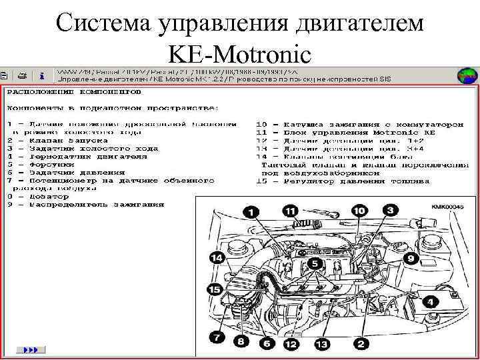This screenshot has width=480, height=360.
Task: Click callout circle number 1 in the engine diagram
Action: tap(251, 213)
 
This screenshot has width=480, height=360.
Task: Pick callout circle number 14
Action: tap(216, 258)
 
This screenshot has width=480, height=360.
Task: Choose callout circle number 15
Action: tap(214, 289)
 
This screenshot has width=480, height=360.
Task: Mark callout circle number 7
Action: tap(217, 337)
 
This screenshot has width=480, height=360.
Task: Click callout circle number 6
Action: tap(266, 344)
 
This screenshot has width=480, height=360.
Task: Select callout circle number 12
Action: tap(290, 344)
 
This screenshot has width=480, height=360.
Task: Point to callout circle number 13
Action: tap(322, 344)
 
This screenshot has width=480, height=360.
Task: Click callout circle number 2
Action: tap(361, 344)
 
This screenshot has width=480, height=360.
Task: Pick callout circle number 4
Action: tap(431, 302)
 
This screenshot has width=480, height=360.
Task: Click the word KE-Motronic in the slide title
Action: tap(240, 51)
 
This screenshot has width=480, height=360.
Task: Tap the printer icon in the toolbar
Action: tap(21, 75)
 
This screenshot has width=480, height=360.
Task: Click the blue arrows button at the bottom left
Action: tap(30, 349)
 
